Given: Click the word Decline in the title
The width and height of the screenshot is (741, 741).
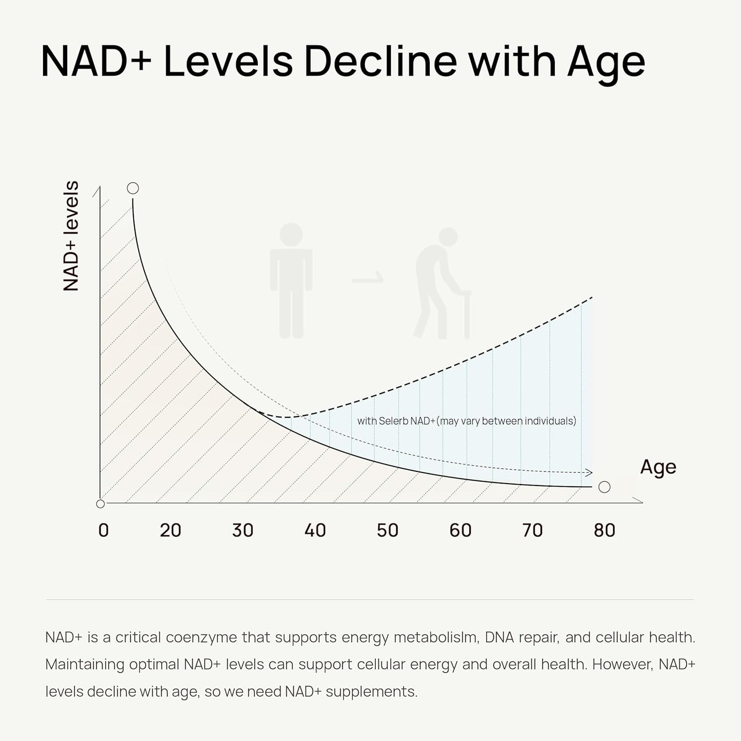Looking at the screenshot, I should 380,62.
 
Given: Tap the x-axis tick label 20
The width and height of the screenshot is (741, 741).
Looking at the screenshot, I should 170,530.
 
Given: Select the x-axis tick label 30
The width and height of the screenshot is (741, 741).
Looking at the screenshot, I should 243,530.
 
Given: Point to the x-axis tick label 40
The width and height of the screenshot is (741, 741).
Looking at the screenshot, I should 315,530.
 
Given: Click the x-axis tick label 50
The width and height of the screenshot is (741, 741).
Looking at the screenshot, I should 387,530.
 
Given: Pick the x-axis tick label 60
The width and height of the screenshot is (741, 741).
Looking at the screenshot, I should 460,530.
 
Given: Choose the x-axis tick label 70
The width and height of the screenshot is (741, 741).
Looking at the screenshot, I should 532,530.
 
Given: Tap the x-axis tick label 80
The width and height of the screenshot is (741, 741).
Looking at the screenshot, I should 604,530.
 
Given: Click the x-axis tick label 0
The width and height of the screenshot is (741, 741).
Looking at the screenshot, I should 104,530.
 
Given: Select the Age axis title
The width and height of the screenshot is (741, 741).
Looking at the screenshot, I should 658,468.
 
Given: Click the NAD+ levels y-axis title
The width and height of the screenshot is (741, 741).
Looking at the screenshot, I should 71,236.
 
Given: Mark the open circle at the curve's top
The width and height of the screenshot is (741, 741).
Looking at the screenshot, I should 133,188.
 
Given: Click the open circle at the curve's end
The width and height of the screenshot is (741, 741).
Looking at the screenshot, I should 605,487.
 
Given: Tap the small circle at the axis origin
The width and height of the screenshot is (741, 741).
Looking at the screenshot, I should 101,504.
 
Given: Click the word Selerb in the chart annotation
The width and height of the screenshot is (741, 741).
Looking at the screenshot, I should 393,421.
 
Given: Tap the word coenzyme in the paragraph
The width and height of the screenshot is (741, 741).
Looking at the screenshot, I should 202,637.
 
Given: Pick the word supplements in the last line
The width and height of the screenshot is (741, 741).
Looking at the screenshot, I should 371,692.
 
